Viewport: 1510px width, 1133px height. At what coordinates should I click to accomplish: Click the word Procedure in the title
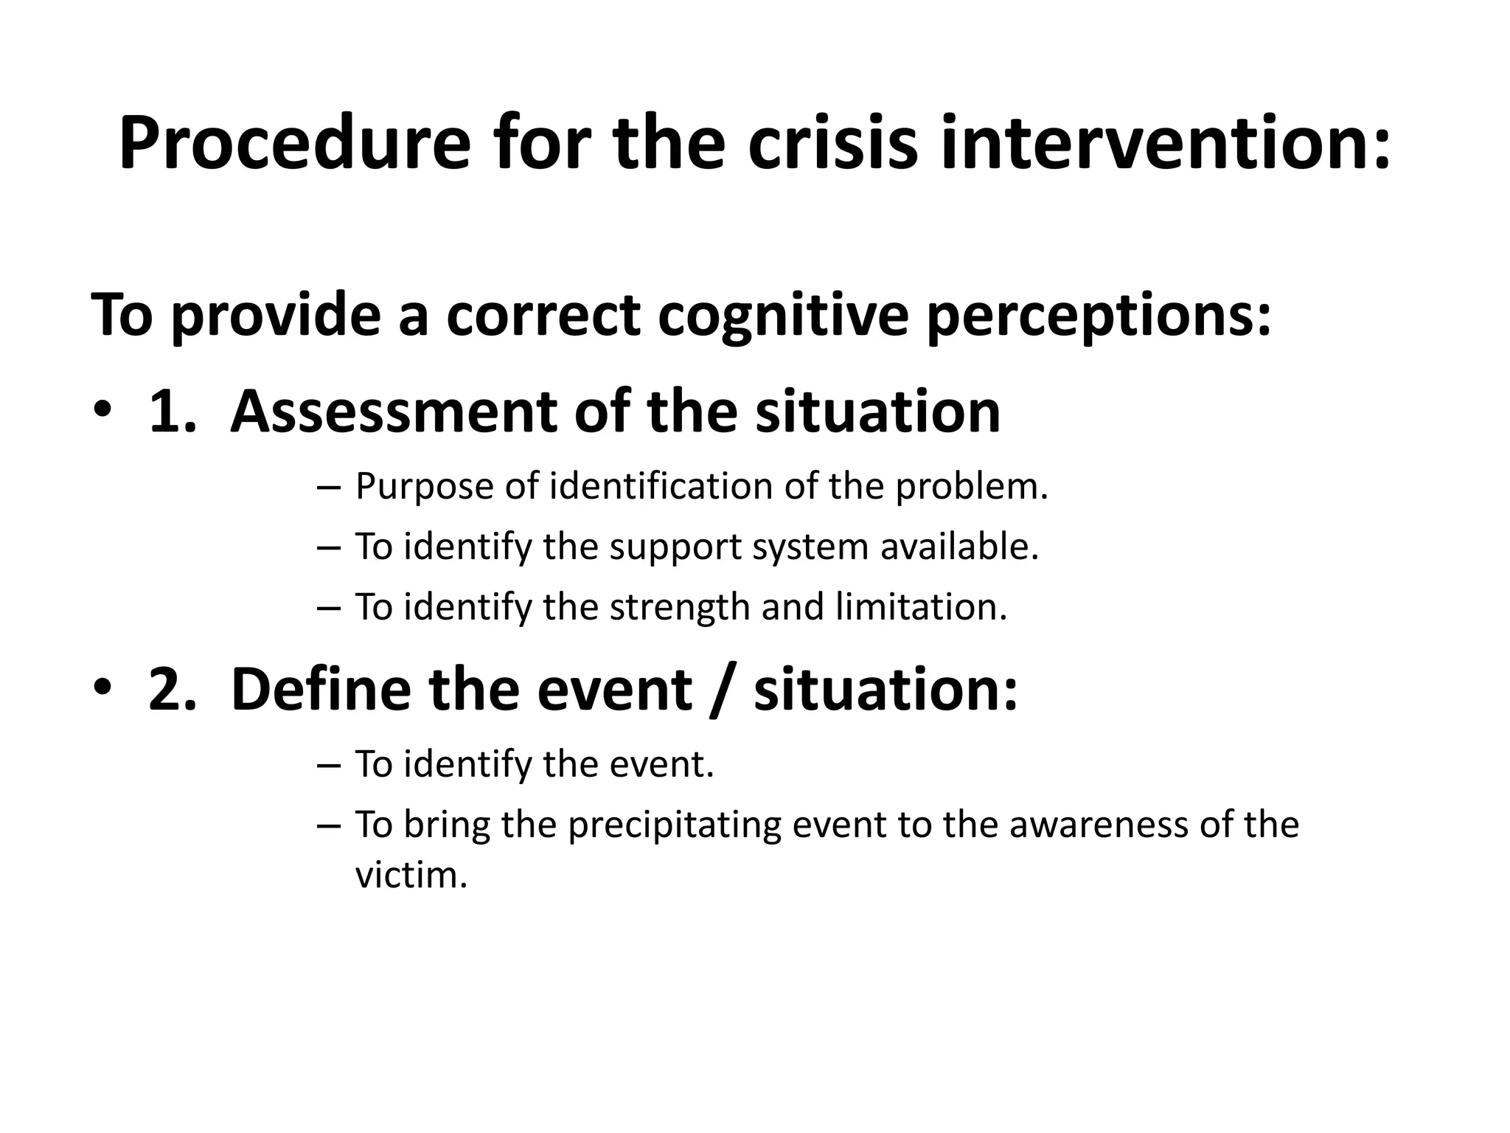[293, 143]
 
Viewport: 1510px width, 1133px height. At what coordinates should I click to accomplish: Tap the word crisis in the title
[832, 143]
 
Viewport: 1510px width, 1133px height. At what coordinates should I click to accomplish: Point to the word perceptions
[1099, 316]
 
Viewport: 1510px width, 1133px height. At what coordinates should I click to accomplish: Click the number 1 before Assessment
[168, 412]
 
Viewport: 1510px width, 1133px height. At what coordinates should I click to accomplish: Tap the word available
[959, 547]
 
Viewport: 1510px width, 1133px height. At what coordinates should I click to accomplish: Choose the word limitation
[921, 606]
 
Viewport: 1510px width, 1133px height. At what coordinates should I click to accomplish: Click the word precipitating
[674, 825]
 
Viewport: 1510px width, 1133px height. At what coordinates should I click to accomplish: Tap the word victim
[411, 876]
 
